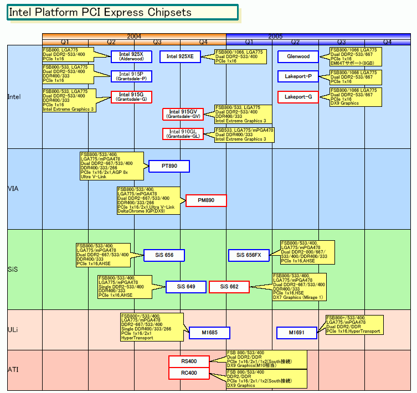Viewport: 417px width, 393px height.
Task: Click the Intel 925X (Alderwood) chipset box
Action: tap(131, 56)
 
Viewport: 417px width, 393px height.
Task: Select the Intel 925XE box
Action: tap(180, 56)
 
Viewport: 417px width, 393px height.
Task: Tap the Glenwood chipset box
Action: tap(298, 56)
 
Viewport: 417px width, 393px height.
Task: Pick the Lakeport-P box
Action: tap(298, 76)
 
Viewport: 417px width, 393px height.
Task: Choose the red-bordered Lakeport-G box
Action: tap(298, 97)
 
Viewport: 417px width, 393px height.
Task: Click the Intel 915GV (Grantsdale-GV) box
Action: tap(183, 115)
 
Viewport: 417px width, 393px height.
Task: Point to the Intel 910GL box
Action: tap(183, 134)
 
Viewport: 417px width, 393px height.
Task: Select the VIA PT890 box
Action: tap(169, 166)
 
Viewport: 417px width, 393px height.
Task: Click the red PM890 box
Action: tap(206, 200)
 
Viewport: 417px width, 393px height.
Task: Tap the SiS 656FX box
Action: tap(249, 255)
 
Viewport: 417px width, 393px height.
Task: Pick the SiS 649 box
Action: tap(186, 287)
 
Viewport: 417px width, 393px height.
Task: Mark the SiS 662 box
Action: tap(229, 287)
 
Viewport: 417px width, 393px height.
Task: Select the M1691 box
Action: tap(297, 333)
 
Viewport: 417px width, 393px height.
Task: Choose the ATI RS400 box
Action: tap(189, 361)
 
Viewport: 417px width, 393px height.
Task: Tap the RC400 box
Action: tap(189, 373)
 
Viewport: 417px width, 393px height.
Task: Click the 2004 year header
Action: tap(134, 36)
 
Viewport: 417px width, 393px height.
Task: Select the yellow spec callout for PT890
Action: tap(111, 166)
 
